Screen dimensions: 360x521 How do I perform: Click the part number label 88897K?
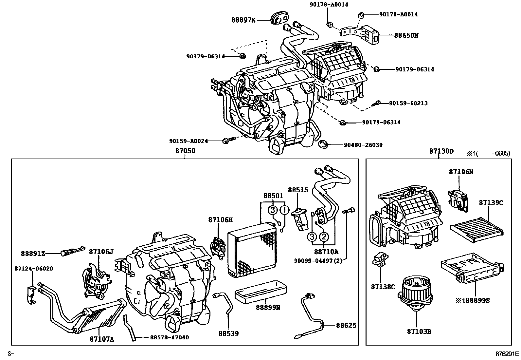pyautogui.click(x=243, y=20)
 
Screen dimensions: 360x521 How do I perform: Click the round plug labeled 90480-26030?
pyautogui.click(x=323, y=144)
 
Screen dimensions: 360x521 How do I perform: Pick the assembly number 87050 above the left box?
pyautogui.click(x=185, y=151)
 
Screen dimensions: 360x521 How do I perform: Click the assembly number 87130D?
pyautogui.click(x=441, y=151)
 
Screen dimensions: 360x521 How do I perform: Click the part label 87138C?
pyautogui.click(x=383, y=287)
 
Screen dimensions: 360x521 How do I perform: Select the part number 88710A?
pyautogui.click(x=326, y=252)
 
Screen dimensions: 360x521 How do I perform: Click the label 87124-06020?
pyautogui.click(x=34, y=269)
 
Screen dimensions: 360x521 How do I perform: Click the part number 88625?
pyautogui.click(x=346, y=325)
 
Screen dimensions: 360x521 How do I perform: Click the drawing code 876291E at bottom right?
pyautogui.click(x=507, y=354)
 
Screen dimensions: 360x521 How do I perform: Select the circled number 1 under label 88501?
pyautogui.click(x=284, y=210)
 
